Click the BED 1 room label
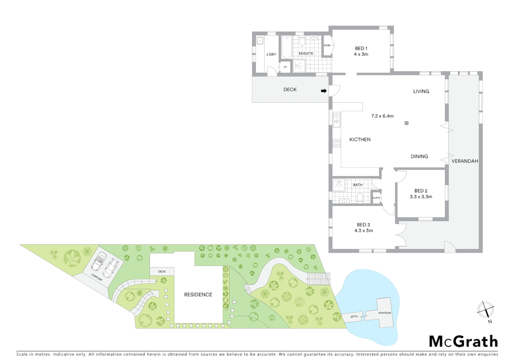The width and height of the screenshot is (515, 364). [361, 49]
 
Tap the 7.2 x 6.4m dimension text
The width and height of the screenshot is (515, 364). [382, 116]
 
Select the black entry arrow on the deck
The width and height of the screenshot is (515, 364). [324, 91]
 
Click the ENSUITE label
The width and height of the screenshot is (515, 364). [306, 54]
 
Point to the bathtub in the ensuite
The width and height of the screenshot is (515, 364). [287, 47]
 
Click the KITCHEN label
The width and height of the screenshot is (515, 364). [360, 140]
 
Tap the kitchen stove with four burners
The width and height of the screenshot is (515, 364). [337, 143]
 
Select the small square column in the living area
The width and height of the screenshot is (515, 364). [406, 123]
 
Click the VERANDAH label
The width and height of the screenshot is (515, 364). [465, 161]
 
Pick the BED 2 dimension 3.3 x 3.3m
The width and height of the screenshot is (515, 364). [421, 197]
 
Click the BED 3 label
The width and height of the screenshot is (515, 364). [363, 225]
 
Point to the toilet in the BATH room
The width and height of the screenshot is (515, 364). [360, 198]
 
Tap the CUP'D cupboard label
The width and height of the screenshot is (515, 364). [376, 198]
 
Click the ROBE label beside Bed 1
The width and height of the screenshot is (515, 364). [327, 45]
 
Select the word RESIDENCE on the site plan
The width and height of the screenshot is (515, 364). [198, 295]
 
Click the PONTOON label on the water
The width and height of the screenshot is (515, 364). [385, 313]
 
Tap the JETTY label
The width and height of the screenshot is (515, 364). [354, 317]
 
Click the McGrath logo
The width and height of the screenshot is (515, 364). [463, 341]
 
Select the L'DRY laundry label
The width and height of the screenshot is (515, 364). [271, 54]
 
